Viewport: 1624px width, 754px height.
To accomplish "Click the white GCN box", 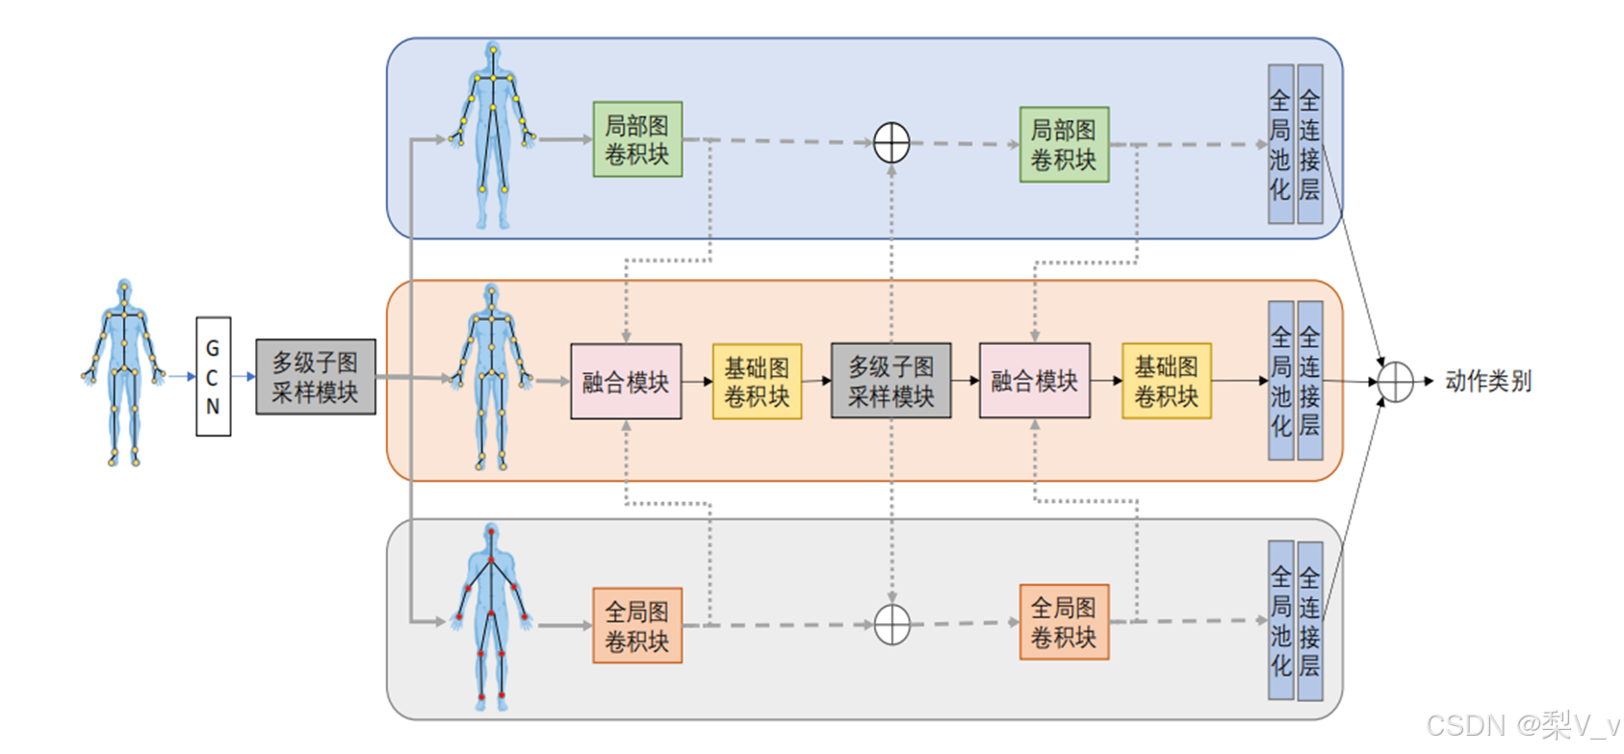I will (213, 377).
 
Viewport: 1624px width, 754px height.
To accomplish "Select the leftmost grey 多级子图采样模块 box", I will (316, 377).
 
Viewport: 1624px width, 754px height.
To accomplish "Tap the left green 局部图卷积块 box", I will (637, 139).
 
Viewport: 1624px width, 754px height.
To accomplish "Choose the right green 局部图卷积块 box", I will (1064, 144).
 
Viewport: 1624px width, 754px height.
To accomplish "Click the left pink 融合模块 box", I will (626, 382).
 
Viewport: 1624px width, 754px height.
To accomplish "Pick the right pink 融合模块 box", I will (1035, 381).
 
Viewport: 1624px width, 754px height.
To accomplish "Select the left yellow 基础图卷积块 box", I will (757, 382).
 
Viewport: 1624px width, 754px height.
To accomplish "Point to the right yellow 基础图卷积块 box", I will (1167, 381).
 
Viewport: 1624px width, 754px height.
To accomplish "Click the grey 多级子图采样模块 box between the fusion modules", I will (890, 381).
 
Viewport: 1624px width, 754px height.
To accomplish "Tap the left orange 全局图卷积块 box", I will (637, 625).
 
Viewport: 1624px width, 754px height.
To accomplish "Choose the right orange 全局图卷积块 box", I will (1064, 621).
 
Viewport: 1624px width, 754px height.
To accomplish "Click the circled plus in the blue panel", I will (891, 142).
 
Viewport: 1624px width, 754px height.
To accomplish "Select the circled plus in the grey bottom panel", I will (891, 625).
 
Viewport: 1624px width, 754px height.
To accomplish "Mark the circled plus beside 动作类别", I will (1395, 382).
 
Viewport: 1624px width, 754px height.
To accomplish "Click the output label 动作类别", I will (1487, 382).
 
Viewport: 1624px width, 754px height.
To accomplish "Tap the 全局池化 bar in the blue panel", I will (1280, 144).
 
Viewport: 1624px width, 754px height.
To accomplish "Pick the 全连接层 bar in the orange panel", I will (1310, 381).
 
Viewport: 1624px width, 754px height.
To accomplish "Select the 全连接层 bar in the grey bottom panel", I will (1310, 621).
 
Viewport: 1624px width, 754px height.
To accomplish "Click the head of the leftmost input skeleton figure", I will (124, 288).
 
